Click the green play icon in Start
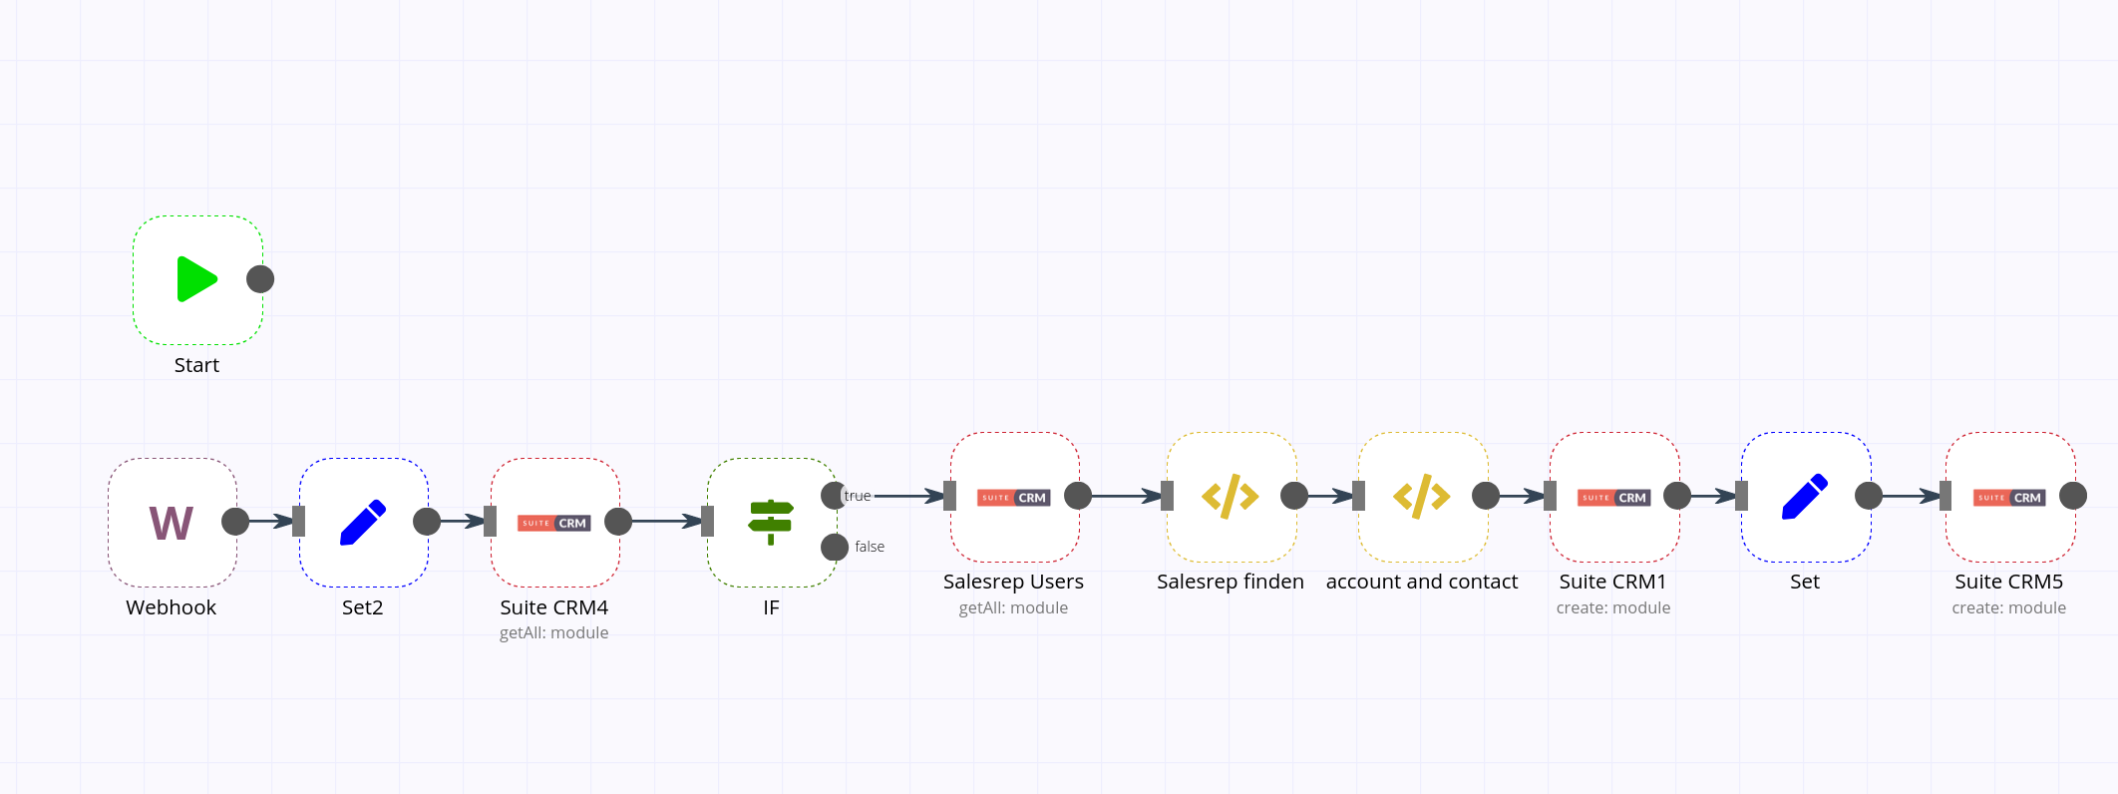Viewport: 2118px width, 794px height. (196, 279)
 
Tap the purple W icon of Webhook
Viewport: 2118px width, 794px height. (172, 523)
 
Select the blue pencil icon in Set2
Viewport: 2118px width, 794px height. (363, 523)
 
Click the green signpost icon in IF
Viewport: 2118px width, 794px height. (771, 522)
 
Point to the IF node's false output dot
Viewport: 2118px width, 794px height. (835, 547)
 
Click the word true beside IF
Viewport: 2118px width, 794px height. (858, 496)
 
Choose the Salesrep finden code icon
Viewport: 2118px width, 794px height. (1231, 497)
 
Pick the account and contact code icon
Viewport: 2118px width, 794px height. (1422, 497)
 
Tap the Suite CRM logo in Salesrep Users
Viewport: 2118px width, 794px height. (1013, 498)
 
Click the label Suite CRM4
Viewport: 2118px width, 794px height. (554, 607)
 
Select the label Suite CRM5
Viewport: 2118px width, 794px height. (2009, 582)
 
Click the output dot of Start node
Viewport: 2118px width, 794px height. (260, 279)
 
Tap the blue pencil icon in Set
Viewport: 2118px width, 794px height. (1805, 497)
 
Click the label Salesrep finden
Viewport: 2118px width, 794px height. (1231, 582)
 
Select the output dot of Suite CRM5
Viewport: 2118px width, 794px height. (2073, 496)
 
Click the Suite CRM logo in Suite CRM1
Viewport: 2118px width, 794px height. (1613, 498)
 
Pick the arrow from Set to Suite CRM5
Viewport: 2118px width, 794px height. (1911, 496)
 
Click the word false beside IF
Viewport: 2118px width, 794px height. (870, 547)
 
